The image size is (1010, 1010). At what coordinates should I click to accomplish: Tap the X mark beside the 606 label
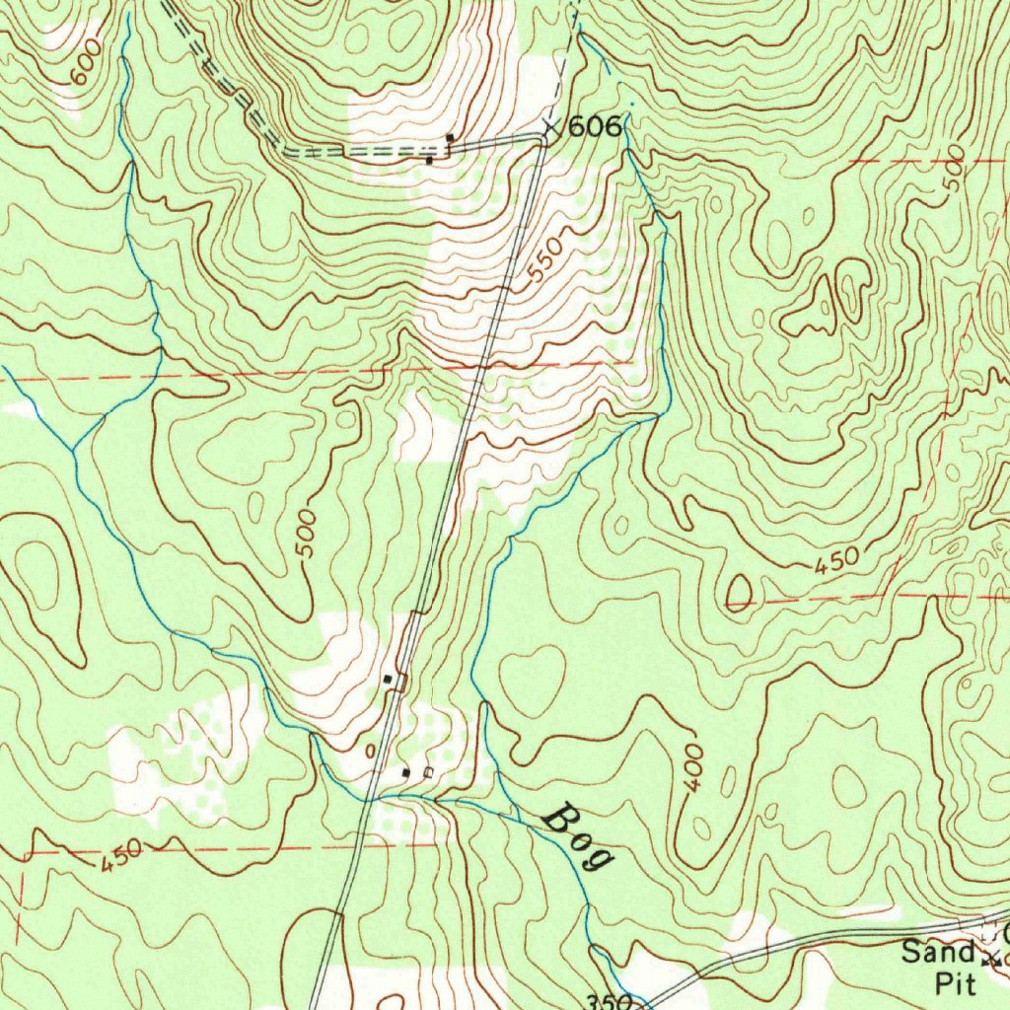click(553, 127)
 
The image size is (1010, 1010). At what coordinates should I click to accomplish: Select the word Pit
click(955, 982)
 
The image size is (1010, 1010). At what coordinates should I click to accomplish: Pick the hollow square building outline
click(427, 772)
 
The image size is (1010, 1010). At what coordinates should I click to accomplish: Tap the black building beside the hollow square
click(405, 772)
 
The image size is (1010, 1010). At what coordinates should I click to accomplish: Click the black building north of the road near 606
click(450, 137)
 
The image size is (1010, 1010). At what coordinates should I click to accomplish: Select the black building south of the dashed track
click(429, 160)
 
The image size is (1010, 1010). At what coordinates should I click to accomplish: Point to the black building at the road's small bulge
click(389, 680)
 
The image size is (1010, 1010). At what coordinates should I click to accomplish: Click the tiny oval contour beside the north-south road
click(371, 752)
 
